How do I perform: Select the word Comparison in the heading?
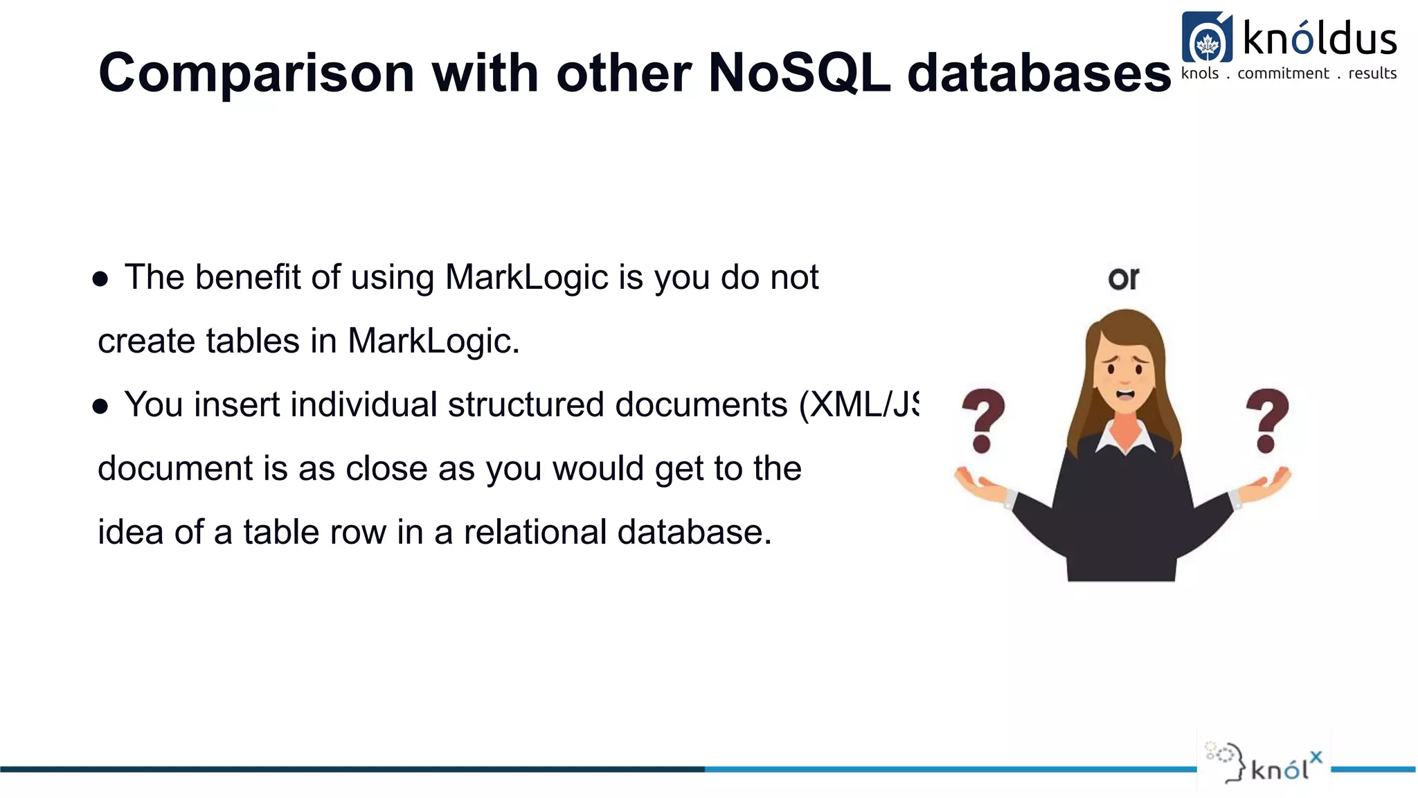[256, 73]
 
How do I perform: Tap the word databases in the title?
[1039, 73]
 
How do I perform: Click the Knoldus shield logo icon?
[1207, 38]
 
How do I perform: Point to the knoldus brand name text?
[1320, 38]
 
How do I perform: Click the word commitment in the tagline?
[1283, 73]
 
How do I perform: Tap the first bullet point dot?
[100, 279]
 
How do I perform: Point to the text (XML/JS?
[859, 405]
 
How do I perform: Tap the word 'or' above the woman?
[1123, 278]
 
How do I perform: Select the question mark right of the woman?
[1267, 420]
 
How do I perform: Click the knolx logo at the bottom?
[1264, 763]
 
